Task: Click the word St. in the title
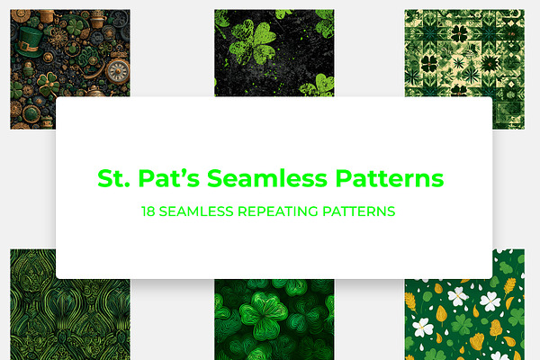pyautogui.click(x=113, y=178)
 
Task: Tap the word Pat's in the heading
pyautogui.click(x=169, y=178)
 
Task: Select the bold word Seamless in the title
pyautogui.click(x=267, y=178)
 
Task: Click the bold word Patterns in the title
pyautogui.click(x=390, y=178)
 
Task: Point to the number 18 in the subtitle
pyautogui.click(x=148, y=211)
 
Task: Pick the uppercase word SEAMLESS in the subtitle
pyautogui.click(x=196, y=211)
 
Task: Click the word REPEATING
pyautogui.click(x=277, y=211)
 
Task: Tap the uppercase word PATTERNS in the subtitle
pyautogui.click(x=358, y=211)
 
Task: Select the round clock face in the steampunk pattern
pyautogui.click(x=118, y=71)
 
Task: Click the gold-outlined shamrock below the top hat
pyautogui.click(x=49, y=85)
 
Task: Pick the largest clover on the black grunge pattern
pyautogui.click(x=252, y=42)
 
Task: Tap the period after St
pyautogui.click(x=127, y=185)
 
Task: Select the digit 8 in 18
pyautogui.click(x=151, y=211)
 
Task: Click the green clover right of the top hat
pyautogui.click(x=75, y=26)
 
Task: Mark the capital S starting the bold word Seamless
pyautogui.click(x=215, y=178)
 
